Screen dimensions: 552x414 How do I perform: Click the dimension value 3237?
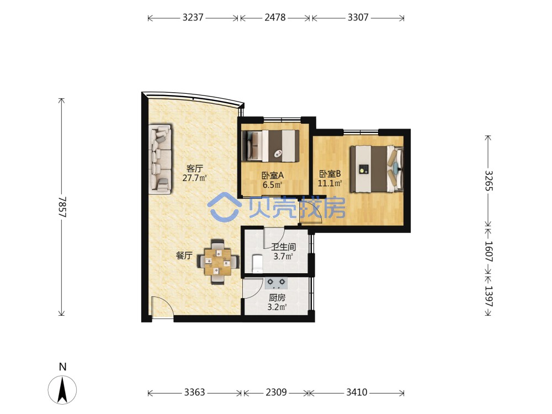point(193,17)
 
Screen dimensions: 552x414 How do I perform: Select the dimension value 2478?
point(275,17)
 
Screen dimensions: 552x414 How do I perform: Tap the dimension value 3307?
point(358,17)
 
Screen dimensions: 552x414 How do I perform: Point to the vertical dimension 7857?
point(62,206)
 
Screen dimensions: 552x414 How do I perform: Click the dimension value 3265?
point(489,181)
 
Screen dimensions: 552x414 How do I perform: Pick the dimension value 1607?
point(489,251)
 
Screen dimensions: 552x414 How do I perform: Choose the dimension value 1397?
point(489,296)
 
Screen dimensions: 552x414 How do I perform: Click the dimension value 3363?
point(194,392)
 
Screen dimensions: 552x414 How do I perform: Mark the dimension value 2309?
point(277,392)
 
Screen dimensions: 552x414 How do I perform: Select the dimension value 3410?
point(357,392)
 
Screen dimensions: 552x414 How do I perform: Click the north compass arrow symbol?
point(62,390)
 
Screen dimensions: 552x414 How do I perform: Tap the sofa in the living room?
point(160,158)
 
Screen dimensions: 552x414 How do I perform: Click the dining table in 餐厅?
point(218,262)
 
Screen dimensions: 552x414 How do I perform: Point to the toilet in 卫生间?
point(258,264)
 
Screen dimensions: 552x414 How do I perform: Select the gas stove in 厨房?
point(275,283)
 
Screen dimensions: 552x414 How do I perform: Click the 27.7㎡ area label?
point(194,178)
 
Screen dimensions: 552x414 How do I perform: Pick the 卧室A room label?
point(273,175)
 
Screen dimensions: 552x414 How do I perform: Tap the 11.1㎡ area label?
point(330,183)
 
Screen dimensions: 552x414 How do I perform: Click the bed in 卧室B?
point(376,169)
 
